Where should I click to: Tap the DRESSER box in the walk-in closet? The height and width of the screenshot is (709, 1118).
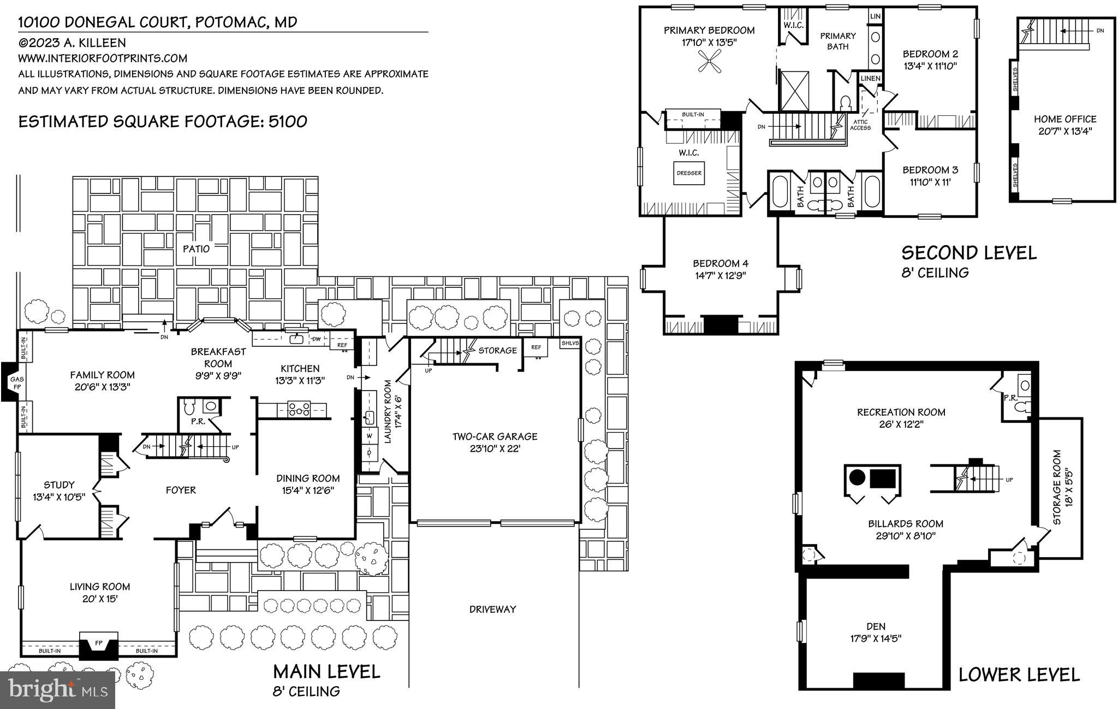pyautogui.click(x=689, y=173)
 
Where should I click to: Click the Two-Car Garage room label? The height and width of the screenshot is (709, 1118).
pyautogui.click(x=495, y=437)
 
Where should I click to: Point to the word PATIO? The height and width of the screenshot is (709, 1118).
pyautogui.click(x=196, y=249)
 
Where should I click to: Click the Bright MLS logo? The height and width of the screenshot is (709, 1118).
pyautogui.click(x=57, y=689)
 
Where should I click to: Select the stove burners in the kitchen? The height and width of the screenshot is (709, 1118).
pyautogui.click(x=299, y=409)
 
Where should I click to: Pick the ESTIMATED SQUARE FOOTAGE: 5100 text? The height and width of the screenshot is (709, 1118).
pyautogui.click(x=163, y=121)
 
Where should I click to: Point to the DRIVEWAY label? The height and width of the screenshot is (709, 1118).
pyautogui.click(x=492, y=609)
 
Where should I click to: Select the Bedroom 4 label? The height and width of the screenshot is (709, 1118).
pyautogui.click(x=720, y=263)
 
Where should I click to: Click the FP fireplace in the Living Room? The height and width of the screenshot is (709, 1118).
pyautogui.click(x=99, y=643)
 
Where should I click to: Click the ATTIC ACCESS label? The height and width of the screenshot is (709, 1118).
pyautogui.click(x=861, y=125)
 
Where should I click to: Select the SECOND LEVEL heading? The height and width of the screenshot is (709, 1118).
pyautogui.click(x=968, y=253)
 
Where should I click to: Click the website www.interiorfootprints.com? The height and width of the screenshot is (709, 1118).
pyautogui.click(x=103, y=58)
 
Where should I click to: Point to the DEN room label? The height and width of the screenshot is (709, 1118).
pyautogui.click(x=876, y=627)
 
